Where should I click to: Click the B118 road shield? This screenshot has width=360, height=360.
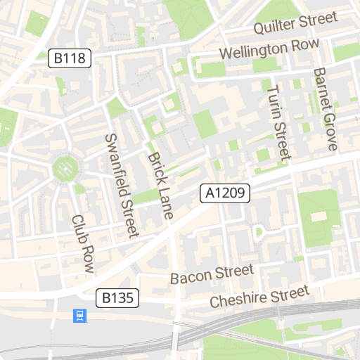point(71,58)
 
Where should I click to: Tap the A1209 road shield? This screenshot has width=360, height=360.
point(225,193)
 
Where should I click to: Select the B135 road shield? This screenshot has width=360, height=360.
point(117,298)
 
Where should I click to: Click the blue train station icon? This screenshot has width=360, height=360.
point(80,316)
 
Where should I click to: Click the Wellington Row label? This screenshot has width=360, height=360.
point(269,50)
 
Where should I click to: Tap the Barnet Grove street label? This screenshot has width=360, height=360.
point(325,110)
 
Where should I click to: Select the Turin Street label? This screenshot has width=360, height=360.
point(279,122)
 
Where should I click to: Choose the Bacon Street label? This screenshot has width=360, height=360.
point(212,274)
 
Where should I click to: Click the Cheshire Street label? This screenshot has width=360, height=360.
point(259,297)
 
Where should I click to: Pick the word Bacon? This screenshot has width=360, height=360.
point(191,277)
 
